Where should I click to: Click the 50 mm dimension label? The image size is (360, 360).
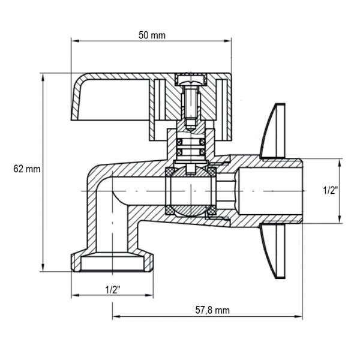click(151, 35)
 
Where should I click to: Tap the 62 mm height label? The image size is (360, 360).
click(26, 169)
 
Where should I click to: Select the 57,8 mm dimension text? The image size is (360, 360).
click(212, 310)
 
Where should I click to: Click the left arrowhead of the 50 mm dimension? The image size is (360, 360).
click(75, 41)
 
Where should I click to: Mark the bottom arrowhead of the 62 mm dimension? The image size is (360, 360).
click(43, 268)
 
